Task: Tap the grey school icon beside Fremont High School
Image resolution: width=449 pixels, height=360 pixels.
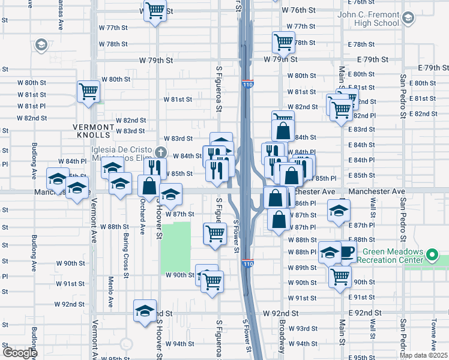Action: tap(408, 18)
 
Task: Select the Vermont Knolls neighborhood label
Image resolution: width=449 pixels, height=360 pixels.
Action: tap(93, 127)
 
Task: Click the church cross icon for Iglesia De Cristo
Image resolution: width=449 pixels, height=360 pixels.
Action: tap(160, 151)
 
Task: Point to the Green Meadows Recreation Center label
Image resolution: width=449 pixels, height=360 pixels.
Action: tap(391, 256)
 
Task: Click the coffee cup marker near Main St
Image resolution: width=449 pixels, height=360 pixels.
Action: tap(348, 251)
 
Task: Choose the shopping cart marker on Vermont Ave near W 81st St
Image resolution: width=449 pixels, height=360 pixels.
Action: tap(88, 92)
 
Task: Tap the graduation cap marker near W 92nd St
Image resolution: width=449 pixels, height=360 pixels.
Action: tap(145, 311)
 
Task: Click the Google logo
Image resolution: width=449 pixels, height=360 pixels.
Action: tap(20, 353)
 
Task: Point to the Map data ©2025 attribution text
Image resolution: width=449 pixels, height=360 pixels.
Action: tap(423, 355)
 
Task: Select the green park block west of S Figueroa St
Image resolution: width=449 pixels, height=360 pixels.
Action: tap(175, 246)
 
